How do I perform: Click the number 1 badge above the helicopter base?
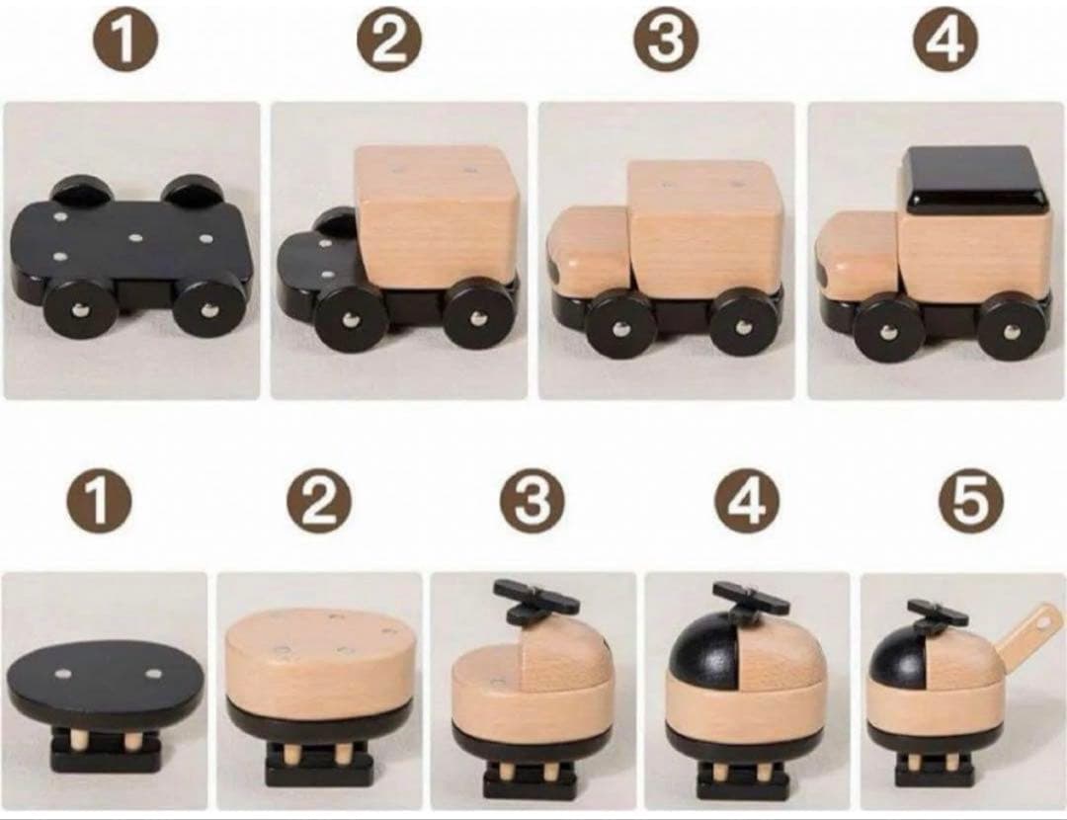pyautogui.click(x=98, y=501)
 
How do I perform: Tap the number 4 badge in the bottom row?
pyautogui.click(x=746, y=501)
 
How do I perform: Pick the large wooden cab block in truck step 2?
pyautogui.click(x=437, y=213)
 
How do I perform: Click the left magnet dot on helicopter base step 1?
pyautogui.click(x=64, y=674)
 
